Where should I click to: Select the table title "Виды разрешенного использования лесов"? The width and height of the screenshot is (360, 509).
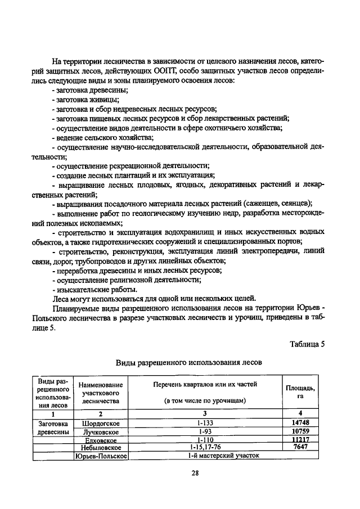click(x=188, y=363)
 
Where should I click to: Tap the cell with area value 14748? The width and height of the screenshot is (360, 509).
click(x=301, y=422)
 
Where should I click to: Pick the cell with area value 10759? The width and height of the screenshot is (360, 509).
click(x=301, y=431)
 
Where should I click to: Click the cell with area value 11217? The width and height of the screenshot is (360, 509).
click(x=301, y=439)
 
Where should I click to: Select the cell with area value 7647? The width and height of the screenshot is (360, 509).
click(x=301, y=447)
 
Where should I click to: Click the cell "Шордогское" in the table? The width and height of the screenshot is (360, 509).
click(x=101, y=422)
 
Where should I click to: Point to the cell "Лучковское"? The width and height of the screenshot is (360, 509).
click(x=101, y=431)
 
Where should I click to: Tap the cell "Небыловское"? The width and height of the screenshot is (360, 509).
click(x=101, y=447)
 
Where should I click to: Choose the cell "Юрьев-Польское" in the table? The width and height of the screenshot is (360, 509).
click(x=101, y=456)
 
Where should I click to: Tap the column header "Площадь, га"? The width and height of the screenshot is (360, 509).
click(x=301, y=392)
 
